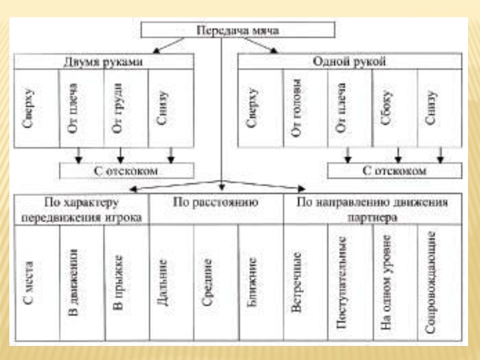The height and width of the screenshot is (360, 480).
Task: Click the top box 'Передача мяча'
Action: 238,29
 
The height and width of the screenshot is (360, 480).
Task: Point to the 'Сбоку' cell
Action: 387,108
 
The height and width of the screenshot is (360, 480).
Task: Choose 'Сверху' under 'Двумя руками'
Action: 30,108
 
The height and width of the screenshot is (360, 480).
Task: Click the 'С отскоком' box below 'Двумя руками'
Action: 127,171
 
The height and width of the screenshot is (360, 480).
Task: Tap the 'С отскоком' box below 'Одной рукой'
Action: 395,171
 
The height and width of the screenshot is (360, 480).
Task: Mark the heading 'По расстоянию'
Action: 215,203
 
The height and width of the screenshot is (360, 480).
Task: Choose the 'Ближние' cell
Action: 252,282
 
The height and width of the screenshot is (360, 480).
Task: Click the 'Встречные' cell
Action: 296,282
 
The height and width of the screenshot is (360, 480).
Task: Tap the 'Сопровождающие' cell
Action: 431,282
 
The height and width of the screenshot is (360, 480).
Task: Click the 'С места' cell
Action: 30,282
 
